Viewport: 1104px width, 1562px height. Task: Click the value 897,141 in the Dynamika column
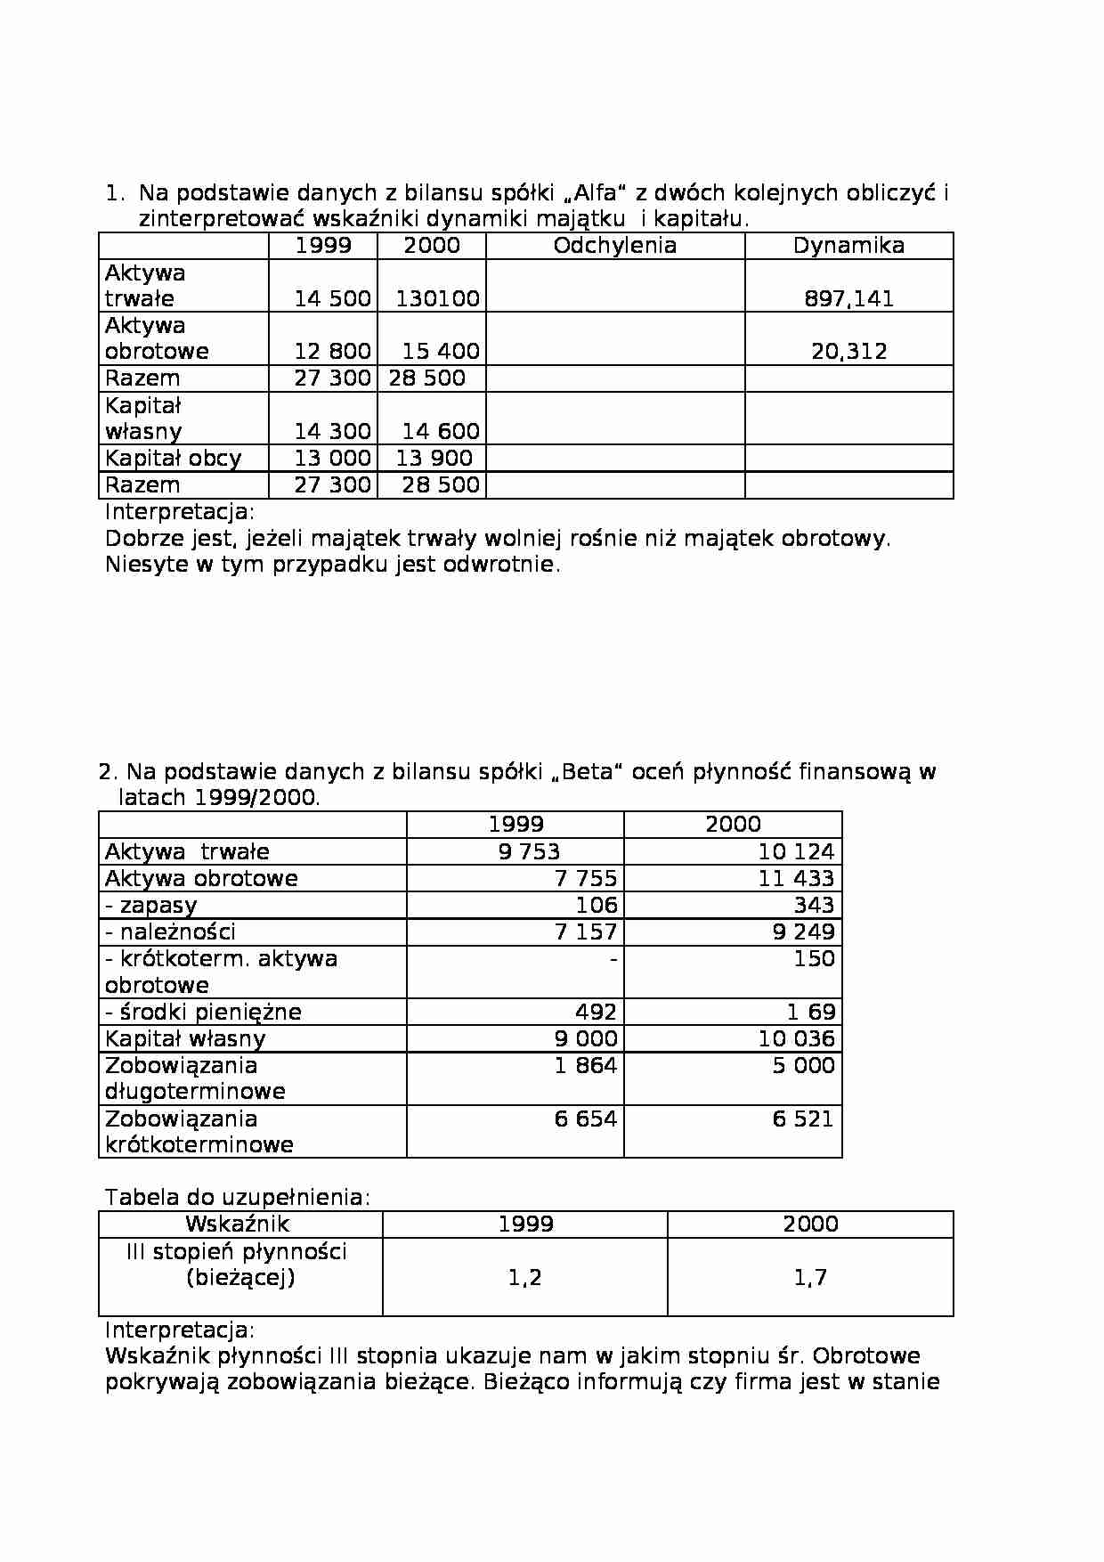pyautogui.click(x=848, y=298)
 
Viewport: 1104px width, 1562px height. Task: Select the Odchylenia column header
pyautogui.click(x=614, y=246)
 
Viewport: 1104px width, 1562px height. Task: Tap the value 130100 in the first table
pyautogui.click(x=437, y=298)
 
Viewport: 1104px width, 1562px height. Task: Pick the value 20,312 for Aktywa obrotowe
pyautogui.click(x=848, y=351)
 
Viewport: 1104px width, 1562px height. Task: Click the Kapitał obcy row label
pyautogui.click(x=173, y=458)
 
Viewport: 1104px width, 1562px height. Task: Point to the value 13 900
pyautogui.click(x=434, y=458)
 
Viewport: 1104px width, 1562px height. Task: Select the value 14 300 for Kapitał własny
pyautogui.click(x=332, y=431)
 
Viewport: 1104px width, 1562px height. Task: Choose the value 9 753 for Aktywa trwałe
pyautogui.click(x=529, y=851)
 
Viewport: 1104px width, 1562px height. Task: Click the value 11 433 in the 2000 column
pyautogui.click(x=796, y=878)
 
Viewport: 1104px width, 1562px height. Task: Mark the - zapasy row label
pyautogui.click(x=150, y=905)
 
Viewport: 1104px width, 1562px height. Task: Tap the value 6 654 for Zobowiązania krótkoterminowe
pyautogui.click(x=585, y=1119)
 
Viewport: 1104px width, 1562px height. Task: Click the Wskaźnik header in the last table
pyautogui.click(x=237, y=1224)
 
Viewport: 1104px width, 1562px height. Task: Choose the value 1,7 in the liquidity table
pyautogui.click(x=810, y=1277)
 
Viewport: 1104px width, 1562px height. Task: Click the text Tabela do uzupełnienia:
pyautogui.click(x=237, y=1197)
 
